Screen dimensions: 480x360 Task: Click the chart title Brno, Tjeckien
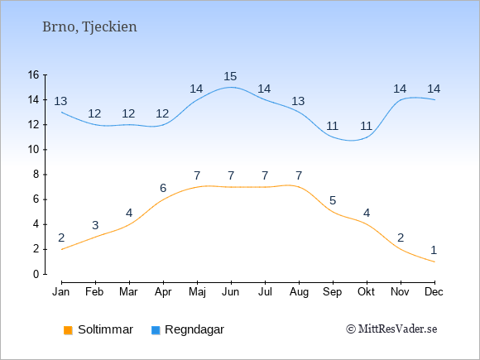pos(89,27)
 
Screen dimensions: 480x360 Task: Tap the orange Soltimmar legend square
pos(68,330)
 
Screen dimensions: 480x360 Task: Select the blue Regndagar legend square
pos(156,330)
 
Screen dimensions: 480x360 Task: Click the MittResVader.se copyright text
pos(391,329)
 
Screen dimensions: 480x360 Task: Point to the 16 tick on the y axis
pos(33,74)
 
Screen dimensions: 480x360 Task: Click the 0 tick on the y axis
pos(36,274)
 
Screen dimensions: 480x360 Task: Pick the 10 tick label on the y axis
pos(33,150)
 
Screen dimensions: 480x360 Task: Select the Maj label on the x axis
pos(197,292)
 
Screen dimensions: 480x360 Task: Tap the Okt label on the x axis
pos(366,292)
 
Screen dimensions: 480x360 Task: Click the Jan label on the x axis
pos(61,292)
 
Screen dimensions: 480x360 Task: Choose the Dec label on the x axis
pos(434,292)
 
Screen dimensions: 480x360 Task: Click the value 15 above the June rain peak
pos(230,76)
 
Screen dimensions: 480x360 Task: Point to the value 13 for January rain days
pos(60,101)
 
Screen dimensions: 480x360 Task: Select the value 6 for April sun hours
pos(163,188)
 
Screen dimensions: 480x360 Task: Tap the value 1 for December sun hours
pos(434,251)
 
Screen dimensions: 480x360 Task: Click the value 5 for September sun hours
pos(333,200)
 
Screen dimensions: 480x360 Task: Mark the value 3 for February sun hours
pos(95,225)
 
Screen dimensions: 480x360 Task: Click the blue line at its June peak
pos(231,87)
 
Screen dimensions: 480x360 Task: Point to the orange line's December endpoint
pos(434,262)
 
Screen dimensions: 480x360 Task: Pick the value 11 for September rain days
pos(332,126)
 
